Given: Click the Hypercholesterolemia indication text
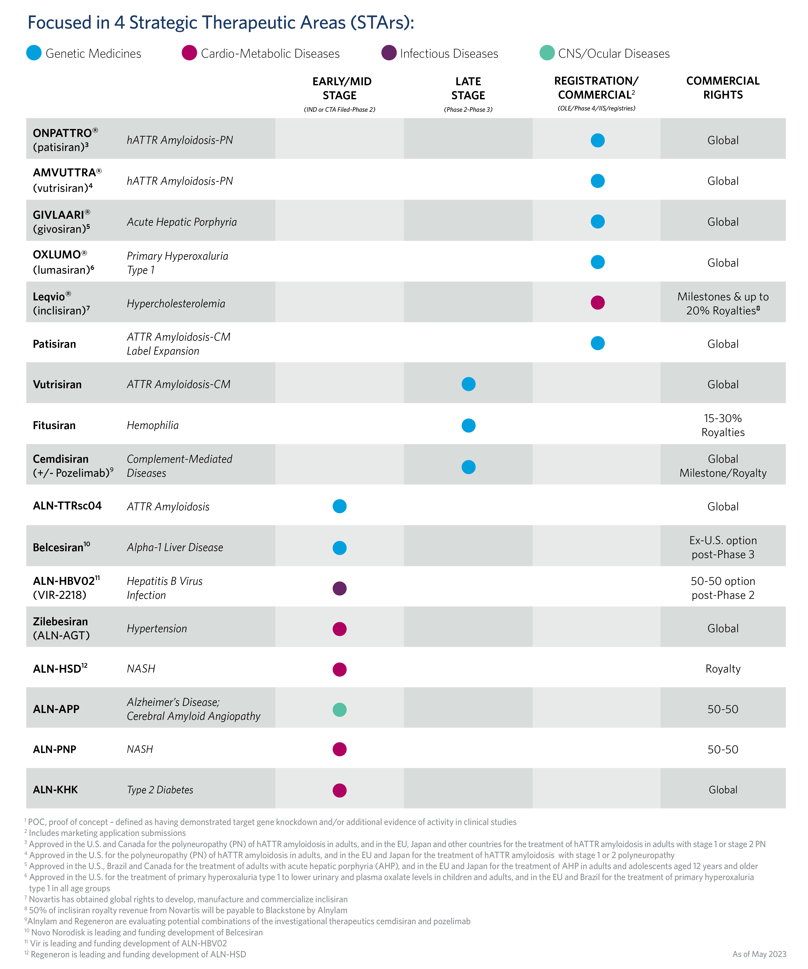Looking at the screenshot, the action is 176,304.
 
